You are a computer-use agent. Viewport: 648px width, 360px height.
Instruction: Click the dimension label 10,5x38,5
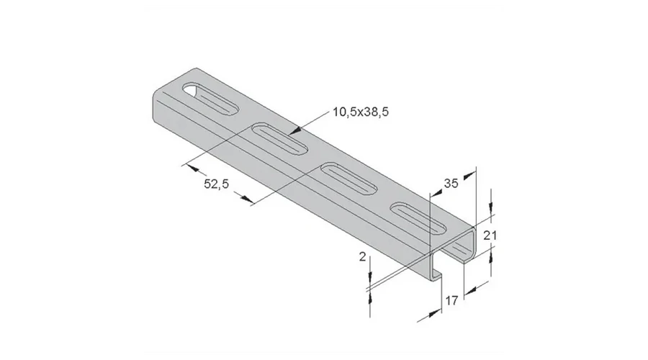tap(361, 112)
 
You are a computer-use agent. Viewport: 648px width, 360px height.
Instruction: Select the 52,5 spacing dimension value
tap(216, 184)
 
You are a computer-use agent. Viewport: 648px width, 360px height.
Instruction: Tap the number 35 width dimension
tap(451, 184)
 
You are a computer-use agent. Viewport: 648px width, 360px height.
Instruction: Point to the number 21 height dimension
tap(490, 235)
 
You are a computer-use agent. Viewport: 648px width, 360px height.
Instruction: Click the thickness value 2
tap(363, 256)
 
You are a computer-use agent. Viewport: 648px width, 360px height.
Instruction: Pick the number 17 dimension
tap(451, 300)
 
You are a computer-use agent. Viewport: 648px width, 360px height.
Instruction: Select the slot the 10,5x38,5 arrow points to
tap(279, 138)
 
